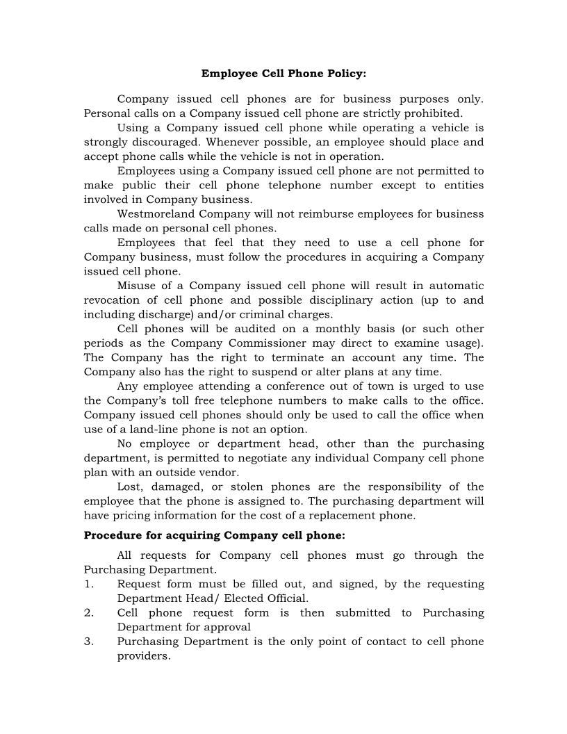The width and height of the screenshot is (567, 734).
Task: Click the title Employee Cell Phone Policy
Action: click(x=283, y=73)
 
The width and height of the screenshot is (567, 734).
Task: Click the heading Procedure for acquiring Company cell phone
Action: click(x=214, y=535)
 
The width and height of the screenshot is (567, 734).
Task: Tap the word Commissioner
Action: click(x=273, y=343)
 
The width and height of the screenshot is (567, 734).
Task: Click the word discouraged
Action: click(x=154, y=142)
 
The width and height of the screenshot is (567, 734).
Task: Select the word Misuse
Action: click(x=137, y=286)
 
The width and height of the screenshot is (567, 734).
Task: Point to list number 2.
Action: click(x=89, y=613)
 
